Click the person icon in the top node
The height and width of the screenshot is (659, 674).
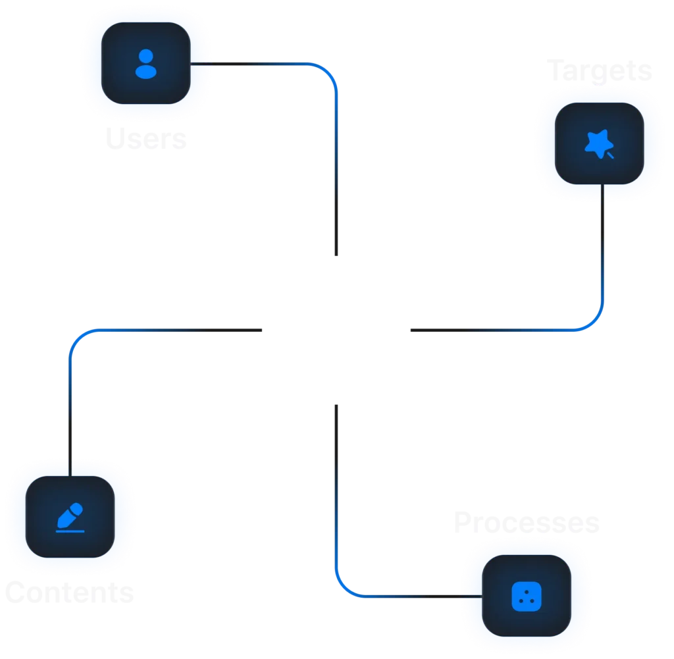click(146, 63)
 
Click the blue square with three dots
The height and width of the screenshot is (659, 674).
click(523, 596)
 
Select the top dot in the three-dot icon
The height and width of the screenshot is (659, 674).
click(523, 591)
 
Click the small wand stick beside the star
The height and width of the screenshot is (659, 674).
click(610, 155)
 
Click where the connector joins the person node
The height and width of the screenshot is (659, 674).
click(193, 63)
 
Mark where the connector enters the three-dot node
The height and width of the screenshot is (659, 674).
click(481, 596)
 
